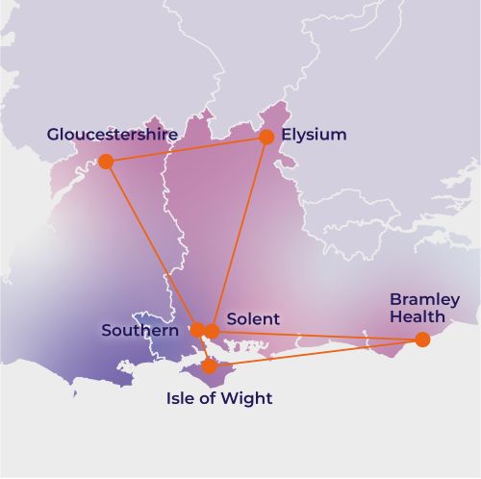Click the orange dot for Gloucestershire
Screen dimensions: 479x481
tap(106, 161)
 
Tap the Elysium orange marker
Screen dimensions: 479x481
tap(266, 137)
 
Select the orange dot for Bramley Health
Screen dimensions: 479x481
tap(422, 339)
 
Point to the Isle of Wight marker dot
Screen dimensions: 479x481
tap(210, 366)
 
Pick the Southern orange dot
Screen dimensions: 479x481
tap(197, 330)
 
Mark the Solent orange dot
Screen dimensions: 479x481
tap(213, 331)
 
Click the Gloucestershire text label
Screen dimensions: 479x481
tap(112, 135)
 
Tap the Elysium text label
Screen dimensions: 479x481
tap(314, 135)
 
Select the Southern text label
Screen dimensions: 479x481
tap(139, 331)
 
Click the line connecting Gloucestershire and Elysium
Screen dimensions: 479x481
tap(186, 149)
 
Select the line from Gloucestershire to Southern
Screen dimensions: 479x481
tap(151, 245)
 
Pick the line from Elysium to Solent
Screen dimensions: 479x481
tap(240, 234)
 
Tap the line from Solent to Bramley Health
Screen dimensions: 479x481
tap(317, 335)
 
